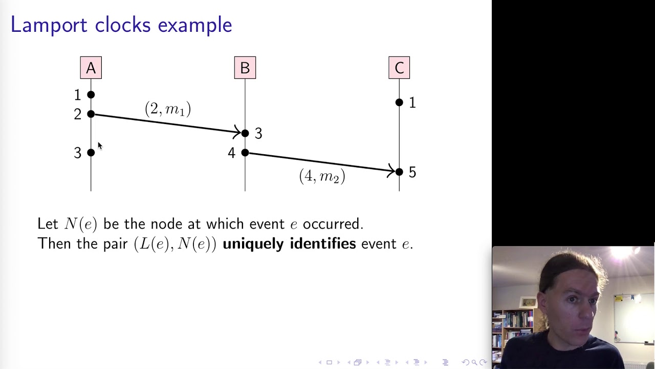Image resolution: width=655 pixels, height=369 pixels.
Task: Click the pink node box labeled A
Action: click(91, 68)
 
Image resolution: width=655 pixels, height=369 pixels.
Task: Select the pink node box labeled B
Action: click(245, 68)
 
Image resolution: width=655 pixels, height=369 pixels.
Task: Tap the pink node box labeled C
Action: click(399, 68)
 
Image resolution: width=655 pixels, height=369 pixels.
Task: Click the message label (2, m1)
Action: click(168, 109)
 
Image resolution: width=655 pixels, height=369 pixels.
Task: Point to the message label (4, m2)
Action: click(322, 176)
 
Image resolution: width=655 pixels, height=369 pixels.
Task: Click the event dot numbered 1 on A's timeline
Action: click(91, 95)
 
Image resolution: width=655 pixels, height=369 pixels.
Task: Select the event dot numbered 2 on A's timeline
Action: click(91, 114)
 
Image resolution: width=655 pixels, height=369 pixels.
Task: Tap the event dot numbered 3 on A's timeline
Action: click(91, 152)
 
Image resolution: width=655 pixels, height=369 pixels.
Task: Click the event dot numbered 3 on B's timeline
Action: click(245, 133)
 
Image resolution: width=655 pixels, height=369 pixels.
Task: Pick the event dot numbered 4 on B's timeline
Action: click(245, 153)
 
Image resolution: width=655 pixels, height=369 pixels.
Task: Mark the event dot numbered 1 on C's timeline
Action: click(399, 102)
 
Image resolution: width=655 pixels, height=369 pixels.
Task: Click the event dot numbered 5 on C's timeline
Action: click(399, 172)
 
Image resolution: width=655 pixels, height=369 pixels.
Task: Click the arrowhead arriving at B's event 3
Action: click(237, 132)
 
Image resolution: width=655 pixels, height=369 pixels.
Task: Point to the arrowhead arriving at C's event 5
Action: click(391, 171)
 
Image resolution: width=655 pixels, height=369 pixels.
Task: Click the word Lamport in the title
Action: click(49, 25)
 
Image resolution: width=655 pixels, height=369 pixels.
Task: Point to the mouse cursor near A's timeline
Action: click(99, 146)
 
